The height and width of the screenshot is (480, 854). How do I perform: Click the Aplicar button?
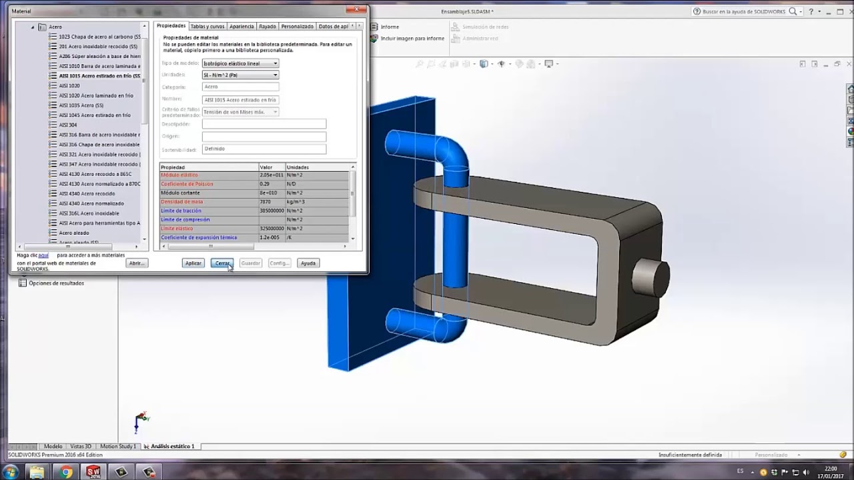tap(193, 263)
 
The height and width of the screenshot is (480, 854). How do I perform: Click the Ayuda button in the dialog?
tap(308, 263)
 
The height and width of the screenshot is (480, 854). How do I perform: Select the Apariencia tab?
tap(242, 27)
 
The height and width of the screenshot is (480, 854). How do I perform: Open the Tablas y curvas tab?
tap(207, 27)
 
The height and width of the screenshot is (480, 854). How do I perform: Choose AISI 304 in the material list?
tap(68, 125)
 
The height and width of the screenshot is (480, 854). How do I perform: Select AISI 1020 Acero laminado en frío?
tap(96, 95)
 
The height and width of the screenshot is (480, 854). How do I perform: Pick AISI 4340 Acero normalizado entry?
tap(91, 203)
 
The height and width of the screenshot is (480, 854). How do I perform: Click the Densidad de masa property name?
tap(181, 202)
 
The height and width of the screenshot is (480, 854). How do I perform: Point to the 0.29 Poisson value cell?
tap(265, 184)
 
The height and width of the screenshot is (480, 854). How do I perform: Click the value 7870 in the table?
tap(266, 202)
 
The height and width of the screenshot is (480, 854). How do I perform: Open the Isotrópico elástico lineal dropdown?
tap(240, 63)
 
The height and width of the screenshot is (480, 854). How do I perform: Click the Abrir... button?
tap(136, 263)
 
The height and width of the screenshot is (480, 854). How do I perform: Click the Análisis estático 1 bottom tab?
tap(172, 447)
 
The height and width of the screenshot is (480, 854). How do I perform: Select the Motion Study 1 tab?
tap(118, 447)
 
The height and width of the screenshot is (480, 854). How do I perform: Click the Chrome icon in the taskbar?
tap(65, 472)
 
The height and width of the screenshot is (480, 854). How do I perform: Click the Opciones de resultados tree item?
tap(56, 283)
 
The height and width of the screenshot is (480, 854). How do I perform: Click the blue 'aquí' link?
tap(43, 255)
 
